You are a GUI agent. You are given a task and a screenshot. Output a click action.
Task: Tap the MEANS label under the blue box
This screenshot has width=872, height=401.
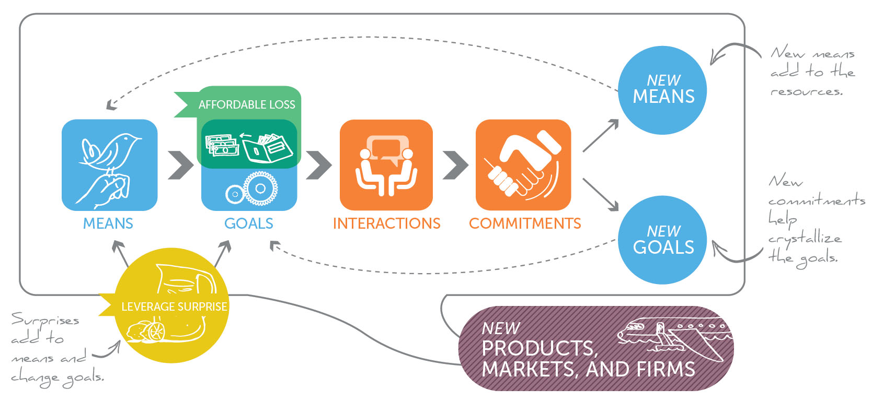tap(108, 223)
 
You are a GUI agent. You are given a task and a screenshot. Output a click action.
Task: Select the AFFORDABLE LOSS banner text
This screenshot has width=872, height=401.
tap(247, 104)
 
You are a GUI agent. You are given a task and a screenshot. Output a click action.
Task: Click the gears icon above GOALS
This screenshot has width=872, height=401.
tap(252, 189)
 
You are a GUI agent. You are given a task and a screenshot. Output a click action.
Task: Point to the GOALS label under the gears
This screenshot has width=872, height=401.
tap(249, 223)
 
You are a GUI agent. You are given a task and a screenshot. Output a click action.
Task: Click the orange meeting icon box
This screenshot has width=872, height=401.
tap(386, 164)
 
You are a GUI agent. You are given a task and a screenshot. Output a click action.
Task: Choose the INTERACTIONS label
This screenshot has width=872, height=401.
tap(387, 223)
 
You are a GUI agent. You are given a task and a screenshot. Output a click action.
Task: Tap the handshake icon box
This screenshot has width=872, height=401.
tap(523, 164)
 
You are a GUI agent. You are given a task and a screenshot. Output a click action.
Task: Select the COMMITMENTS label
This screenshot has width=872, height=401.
tap(525, 223)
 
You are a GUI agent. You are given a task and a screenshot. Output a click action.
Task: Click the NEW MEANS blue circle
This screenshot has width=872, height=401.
tap(663, 90)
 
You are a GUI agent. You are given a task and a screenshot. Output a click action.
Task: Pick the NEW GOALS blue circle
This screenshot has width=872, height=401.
tap(663, 240)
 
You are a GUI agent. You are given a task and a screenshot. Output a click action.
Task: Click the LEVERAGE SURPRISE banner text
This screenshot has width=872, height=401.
tap(174, 306)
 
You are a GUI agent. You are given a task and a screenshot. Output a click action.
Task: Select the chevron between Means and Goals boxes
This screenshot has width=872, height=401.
tap(181, 165)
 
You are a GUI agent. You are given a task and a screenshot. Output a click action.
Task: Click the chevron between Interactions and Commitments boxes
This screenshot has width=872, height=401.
tap(455, 165)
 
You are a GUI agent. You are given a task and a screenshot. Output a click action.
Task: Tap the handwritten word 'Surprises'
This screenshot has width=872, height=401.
tap(45, 320)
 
